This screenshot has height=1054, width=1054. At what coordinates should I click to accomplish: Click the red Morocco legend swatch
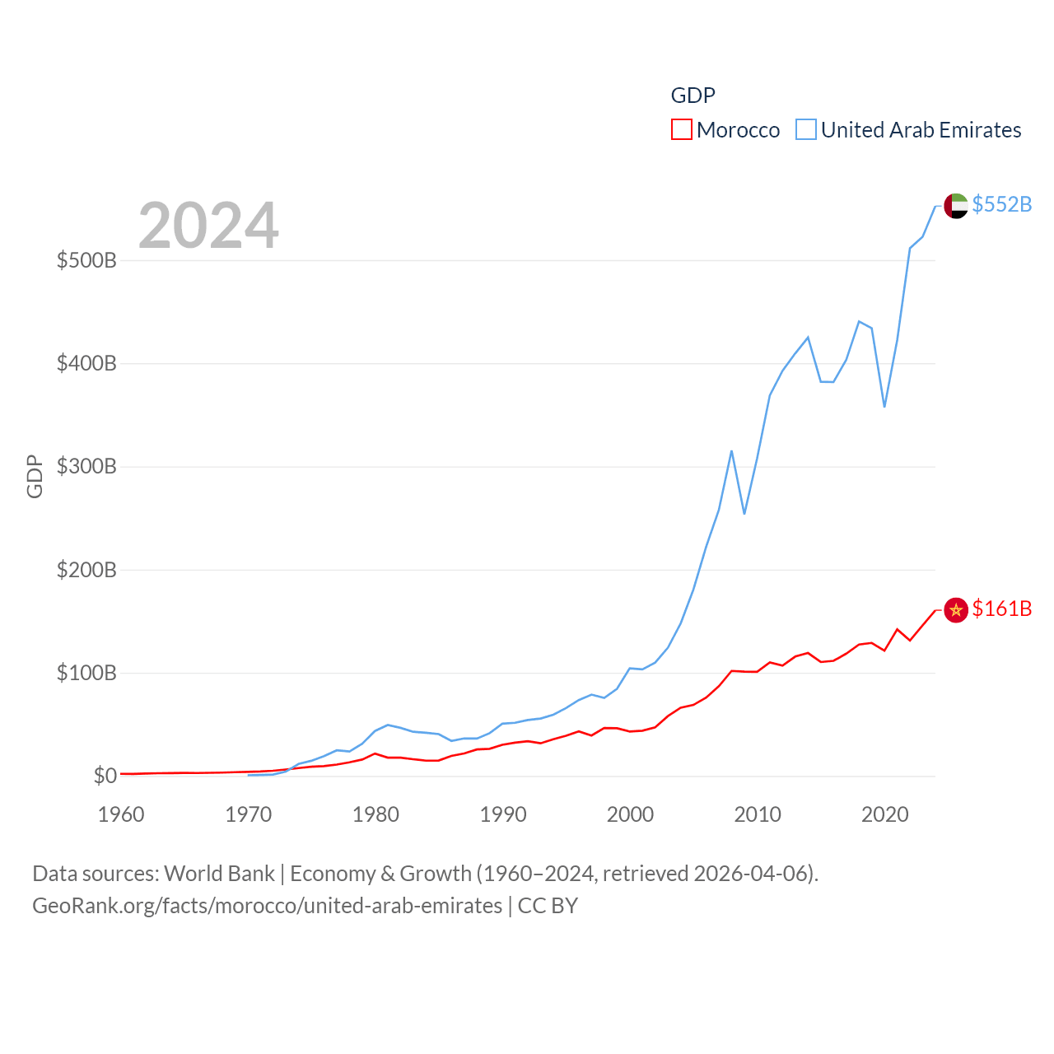(x=682, y=129)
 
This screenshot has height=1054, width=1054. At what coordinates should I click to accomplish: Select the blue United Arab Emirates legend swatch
(x=806, y=129)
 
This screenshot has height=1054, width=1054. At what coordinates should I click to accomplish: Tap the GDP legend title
(x=693, y=96)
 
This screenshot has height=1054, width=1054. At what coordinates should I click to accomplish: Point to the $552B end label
(x=1001, y=204)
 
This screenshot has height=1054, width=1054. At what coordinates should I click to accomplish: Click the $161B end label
(x=1001, y=609)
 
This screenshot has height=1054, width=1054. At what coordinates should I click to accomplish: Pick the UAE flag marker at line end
(x=955, y=205)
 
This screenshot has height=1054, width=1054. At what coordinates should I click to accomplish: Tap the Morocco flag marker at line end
(x=955, y=609)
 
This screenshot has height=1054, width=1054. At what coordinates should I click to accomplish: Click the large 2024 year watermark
(x=208, y=225)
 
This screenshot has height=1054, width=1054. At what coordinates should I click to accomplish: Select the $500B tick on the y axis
(x=86, y=261)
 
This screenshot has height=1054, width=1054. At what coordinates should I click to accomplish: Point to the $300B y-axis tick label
(x=86, y=467)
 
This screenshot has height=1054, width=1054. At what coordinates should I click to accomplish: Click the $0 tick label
(x=105, y=776)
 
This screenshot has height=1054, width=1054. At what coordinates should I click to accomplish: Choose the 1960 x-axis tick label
(x=121, y=814)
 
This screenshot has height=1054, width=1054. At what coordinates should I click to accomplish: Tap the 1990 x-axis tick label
(x=503, y=814)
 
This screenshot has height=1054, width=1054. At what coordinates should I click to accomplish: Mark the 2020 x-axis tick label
(x=884, y=814)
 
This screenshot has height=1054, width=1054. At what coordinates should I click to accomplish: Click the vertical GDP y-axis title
(x=35, y=476)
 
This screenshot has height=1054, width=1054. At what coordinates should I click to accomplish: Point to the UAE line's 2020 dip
(x=884, y=406)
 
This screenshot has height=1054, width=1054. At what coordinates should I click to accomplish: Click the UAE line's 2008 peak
(x=731, y=451)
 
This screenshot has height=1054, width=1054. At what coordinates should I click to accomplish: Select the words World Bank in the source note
(x=219, y=873)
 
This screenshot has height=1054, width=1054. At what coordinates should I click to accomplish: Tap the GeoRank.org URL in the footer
(x=267, y=906)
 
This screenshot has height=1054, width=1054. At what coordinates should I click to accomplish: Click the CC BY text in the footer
(x=548, y=906)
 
